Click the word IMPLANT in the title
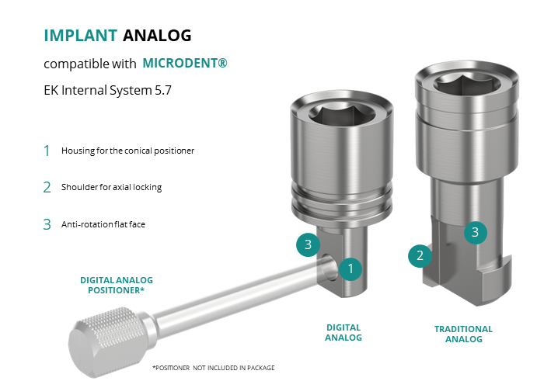[81, 36]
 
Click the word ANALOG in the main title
[157, 36]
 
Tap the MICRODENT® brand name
[185, 63]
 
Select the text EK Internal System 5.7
[107, 90]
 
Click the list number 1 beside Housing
[47, 151]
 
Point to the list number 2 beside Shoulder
[47, 188]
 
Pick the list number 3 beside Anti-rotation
[47, 224]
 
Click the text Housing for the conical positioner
[127, 151]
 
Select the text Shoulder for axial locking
[111, 187]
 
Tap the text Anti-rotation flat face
[103, 224]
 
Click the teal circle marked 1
[350, 268]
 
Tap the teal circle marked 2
[420, 255]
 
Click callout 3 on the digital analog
[308, 244]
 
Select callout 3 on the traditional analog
[476, 232]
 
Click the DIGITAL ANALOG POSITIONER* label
[117, 285]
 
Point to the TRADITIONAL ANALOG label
[463, 334]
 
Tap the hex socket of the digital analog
[342, 113]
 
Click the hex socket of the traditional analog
[467, 83]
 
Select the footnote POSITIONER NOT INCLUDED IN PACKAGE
[214, 368]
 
